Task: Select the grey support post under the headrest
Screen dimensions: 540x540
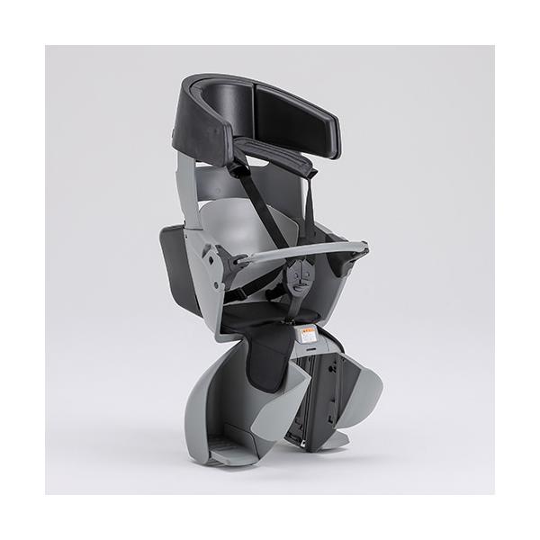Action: [x=185, y=180]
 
